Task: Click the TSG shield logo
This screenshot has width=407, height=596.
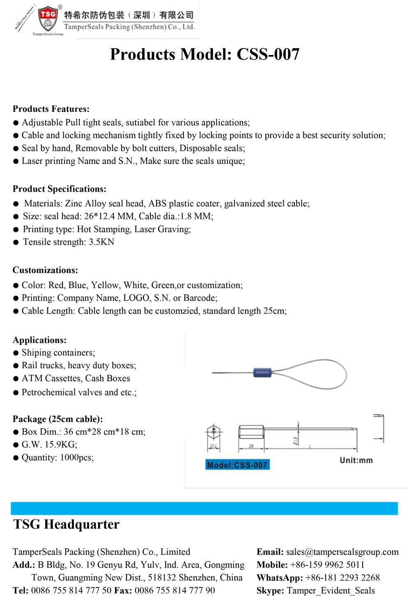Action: (x=48, y=18)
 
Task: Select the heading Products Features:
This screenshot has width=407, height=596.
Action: (x=51, y=109)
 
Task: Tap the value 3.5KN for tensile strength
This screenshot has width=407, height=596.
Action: (x=101, y=242)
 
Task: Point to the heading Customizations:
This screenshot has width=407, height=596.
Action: (x=45, y=270)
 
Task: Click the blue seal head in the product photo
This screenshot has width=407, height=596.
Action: (x=262, y=372)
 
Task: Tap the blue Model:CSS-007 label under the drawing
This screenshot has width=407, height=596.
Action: (x=237, y=465)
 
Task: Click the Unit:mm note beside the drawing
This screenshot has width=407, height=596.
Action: (x=356, y=460)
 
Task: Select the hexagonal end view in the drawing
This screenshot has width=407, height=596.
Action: (x=214, y=432)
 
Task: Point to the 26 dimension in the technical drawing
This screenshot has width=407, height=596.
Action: (x=251, y=446)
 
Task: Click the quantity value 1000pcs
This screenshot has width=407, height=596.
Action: (x=77, y=457)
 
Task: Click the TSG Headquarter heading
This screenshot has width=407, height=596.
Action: (x=66, y=524)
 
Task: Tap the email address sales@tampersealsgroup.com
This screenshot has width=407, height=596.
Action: (x=342, y=552)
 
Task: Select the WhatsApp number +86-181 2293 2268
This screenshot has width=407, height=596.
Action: (x=343, y=578)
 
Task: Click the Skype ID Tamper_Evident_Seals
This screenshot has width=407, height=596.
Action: (x=331, y=591)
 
